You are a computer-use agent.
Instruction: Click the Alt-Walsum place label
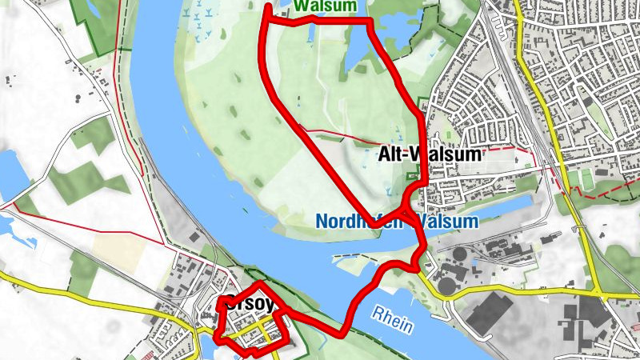click(x=429, y=155)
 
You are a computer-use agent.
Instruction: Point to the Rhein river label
click(x=392, y=319)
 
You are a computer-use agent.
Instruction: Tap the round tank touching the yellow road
click(x=446, y=285)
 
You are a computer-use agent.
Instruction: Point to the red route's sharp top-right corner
click(x=370, y=21)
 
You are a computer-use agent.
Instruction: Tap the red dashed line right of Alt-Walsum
click(x=512, y=150)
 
